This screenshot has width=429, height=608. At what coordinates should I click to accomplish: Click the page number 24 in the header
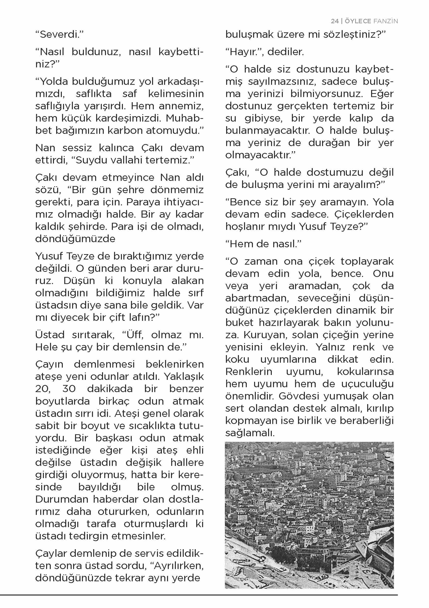point(335,21)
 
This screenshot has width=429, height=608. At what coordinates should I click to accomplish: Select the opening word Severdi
point(59,34)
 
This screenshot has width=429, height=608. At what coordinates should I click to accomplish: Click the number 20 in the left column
point(43,389)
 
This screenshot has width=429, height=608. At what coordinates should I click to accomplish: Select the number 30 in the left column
point(69,389)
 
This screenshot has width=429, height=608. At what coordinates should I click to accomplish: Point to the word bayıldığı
point(99,487)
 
